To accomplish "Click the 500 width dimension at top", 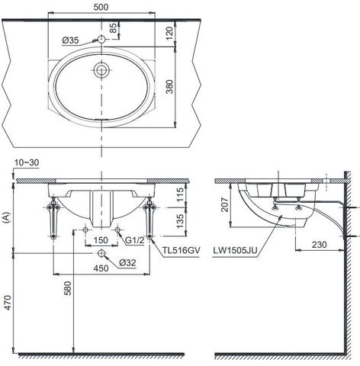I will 101,7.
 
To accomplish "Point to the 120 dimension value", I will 178,34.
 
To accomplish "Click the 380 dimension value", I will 178,88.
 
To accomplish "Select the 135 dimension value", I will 178,221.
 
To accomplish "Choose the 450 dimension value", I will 101,267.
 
